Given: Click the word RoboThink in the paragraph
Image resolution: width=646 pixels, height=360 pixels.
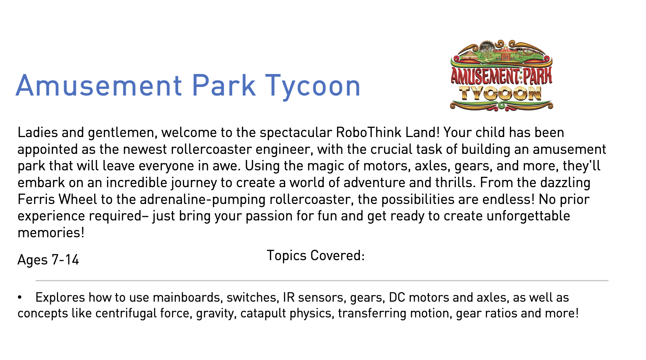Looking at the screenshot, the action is (x=368, y=132).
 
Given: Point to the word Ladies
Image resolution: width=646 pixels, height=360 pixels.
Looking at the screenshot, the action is (x=38, y=132).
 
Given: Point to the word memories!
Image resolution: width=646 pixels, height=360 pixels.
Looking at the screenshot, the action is (x=51, y=233).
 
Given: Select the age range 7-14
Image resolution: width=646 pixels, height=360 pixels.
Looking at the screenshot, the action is (x=65, y=260).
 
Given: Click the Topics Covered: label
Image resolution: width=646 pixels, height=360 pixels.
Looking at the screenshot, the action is (x=315, y=256).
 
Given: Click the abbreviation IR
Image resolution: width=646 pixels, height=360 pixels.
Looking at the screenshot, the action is (x=289, y=298).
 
